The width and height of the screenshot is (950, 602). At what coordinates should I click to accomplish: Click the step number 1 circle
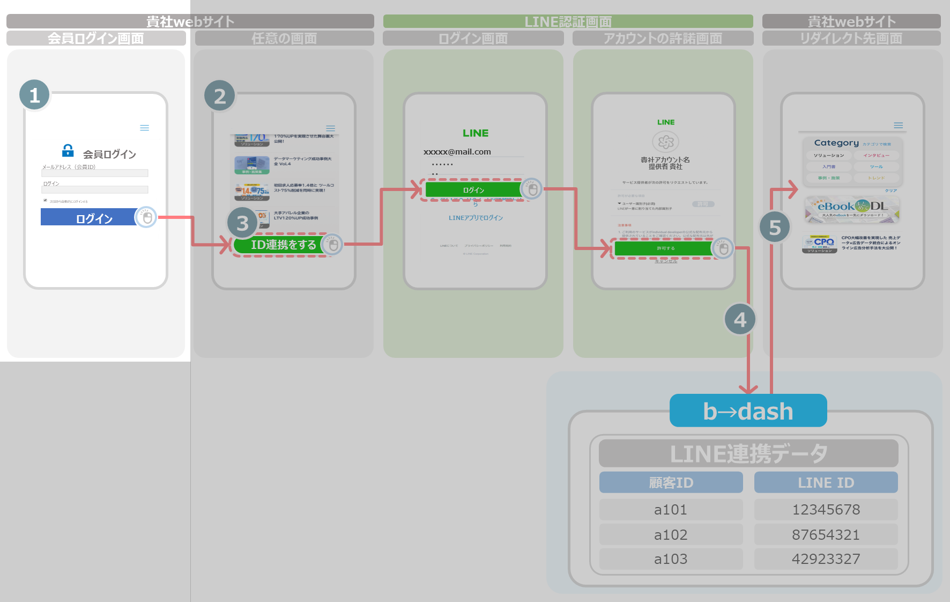[x=35, y=95]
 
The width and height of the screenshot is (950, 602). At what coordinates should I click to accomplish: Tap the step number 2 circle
[x=220, y=96]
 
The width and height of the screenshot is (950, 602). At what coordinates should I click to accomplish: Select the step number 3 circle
[x=242, y=223]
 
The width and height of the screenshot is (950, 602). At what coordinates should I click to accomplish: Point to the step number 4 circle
[x=740, y=319]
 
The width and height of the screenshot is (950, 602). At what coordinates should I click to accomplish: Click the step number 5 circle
[x=775, y=227]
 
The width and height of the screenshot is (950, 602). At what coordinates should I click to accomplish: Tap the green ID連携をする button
[x=279, y=245]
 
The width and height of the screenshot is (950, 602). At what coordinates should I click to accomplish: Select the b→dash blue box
[x=748, y=411]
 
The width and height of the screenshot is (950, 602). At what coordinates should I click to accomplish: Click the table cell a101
[x=671, y=510]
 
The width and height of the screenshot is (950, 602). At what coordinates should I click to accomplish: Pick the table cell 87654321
[x=826, y=534]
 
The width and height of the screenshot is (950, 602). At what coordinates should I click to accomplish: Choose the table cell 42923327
[x=826, y=559]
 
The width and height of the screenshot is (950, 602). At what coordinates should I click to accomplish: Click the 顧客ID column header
[x=671, y=482]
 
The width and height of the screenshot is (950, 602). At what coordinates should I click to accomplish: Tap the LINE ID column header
[x=826, y=482]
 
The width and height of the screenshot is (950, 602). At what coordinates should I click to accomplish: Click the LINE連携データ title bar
[x=748, y=453]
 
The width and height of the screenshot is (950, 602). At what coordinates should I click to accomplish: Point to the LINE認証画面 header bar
[x=568, y=21]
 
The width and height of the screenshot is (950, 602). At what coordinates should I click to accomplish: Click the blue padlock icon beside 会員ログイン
[x=68, y=150]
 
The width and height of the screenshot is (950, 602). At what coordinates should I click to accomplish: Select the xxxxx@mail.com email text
[x=457, y=152]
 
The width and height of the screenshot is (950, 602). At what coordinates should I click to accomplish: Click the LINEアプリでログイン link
[x=476, y=218]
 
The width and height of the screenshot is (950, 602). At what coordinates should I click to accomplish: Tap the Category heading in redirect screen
[x=836, y=143]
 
